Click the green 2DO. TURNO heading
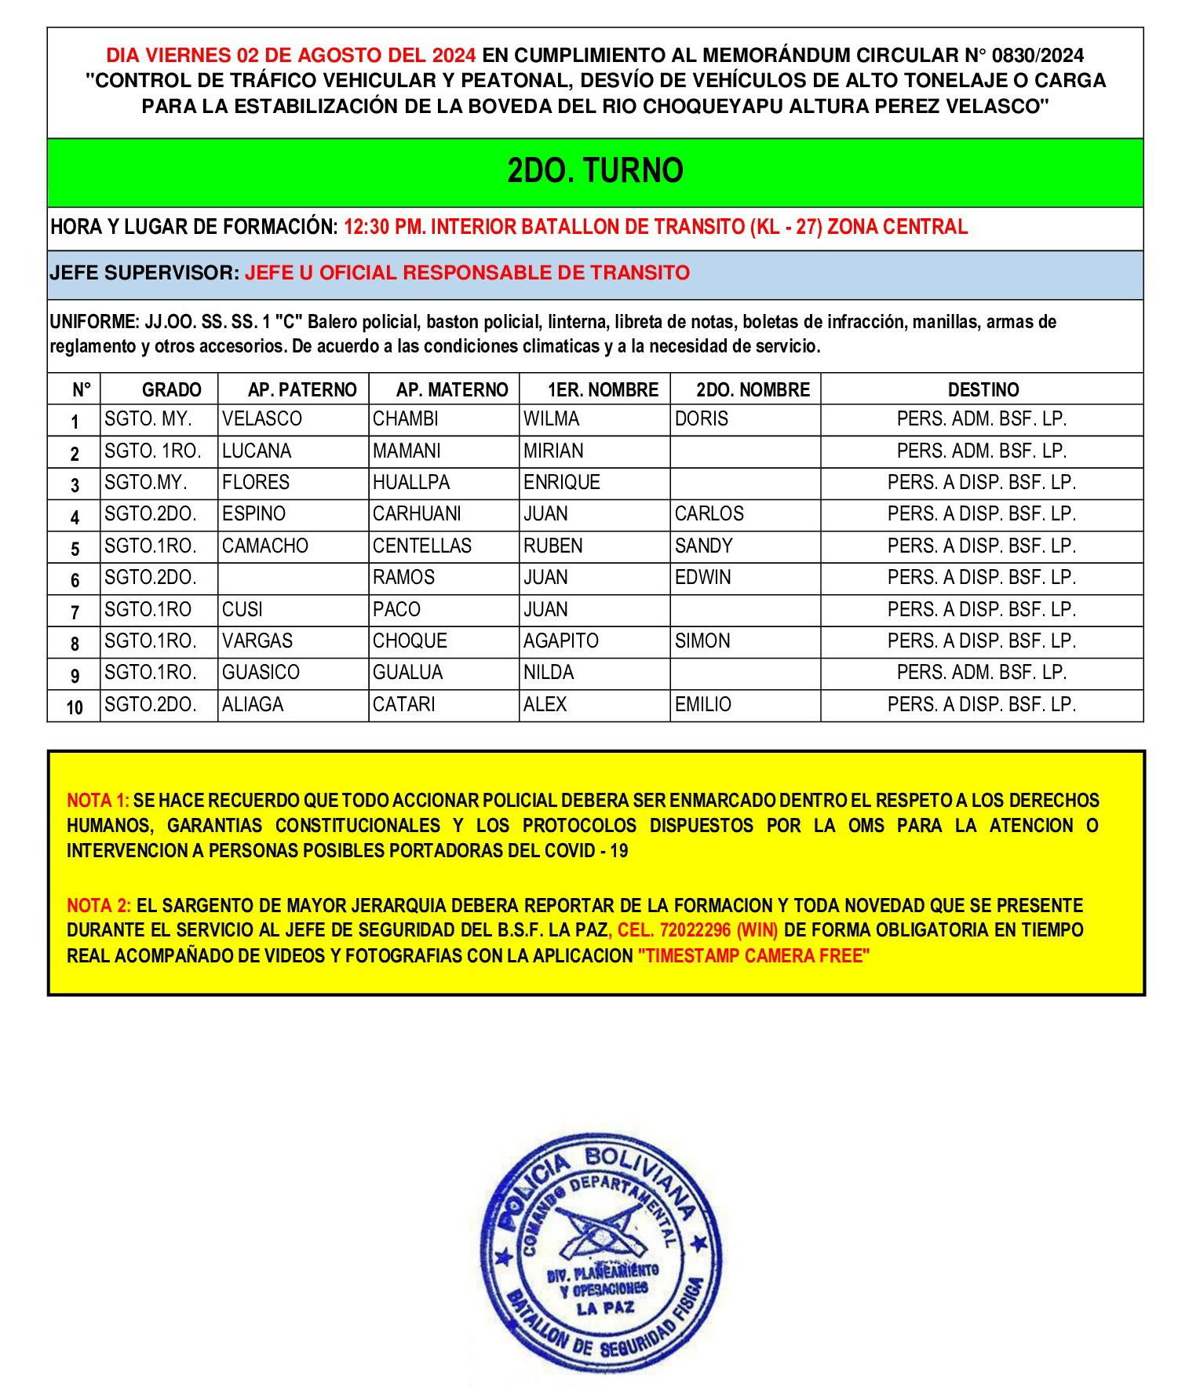click(x=595, y=171)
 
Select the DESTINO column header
click(x=983, y=389)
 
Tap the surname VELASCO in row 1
click(x=261, y=419)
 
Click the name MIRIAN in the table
click(x=553, y=451)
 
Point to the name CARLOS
click(x=709, y=514)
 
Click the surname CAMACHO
click(x=265, y=546)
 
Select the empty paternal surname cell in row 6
click(x=293, y=579)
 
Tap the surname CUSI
click(x=242, y=610)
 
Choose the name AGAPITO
click(x=560, y=641)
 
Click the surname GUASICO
click(x=261, y=673)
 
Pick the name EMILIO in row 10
click(x=702, y=705)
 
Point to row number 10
click(x=75, y=706)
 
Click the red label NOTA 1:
click(x=97, y=801)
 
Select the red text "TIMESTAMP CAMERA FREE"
click(x=753, y=956)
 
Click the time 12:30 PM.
click(x=384, y=228)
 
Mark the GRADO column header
click(x=171, y=389)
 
